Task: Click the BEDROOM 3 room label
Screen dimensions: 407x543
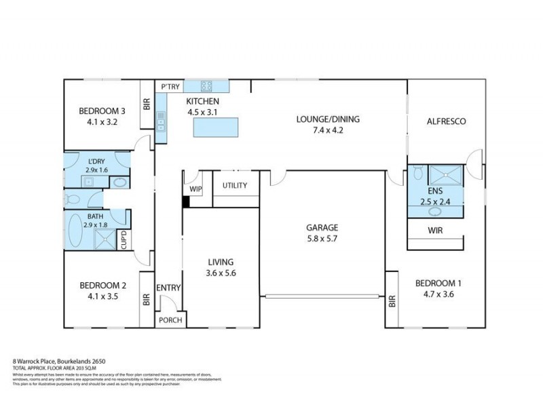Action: pyautogui.click(x=102, y=112)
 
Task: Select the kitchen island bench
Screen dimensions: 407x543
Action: pyautogui.click(x=217, y=128)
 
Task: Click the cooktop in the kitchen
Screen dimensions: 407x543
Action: pyautogui.click(x=206, y=86)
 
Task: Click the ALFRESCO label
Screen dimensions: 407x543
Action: pyautogui.click(x=445, y=121)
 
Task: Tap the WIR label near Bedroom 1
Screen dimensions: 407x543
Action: pyautogui.click(x=435, y=230)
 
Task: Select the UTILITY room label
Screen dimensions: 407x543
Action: pyautogui.click(x=236, y=186)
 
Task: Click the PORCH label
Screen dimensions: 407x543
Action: pyautogui.click(x=170, y=320)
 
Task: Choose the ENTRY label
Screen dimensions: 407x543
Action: pyautogui.click(x=168, y=288)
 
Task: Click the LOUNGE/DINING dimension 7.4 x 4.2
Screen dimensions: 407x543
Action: pyautogui.click(x=328, y=131)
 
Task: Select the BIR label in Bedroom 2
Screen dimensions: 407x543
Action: pyautogui.click(x=146, y=300)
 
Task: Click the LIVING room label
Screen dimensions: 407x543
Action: pyautogui.click(x=221, y=262)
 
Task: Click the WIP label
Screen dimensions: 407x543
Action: pyautogui.click(x=196, y=189)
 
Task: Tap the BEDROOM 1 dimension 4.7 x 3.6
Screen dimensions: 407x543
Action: pyautogui.click(x=435, y=294)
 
